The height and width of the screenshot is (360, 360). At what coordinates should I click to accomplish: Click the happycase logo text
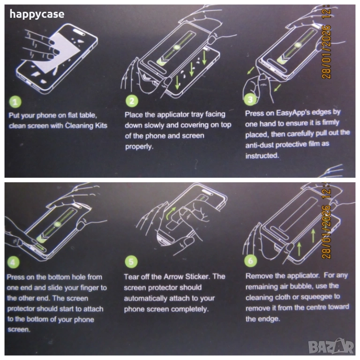pos(37,14)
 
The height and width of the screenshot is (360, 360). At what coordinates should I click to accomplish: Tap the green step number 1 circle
pos(15,102)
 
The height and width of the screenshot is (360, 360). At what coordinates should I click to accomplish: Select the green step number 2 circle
pos(132,101)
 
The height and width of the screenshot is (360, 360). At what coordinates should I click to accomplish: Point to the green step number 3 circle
pos(250,99)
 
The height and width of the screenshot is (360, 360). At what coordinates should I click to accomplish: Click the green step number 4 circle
pos(13,262)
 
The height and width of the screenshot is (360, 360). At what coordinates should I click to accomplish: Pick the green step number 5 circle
pos(131,262)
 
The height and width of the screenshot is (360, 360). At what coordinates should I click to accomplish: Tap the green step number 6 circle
pos(250,261)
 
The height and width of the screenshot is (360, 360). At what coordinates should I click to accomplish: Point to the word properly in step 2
pos(139,146)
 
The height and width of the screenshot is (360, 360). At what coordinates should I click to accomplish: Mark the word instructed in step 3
pos(262,156)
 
